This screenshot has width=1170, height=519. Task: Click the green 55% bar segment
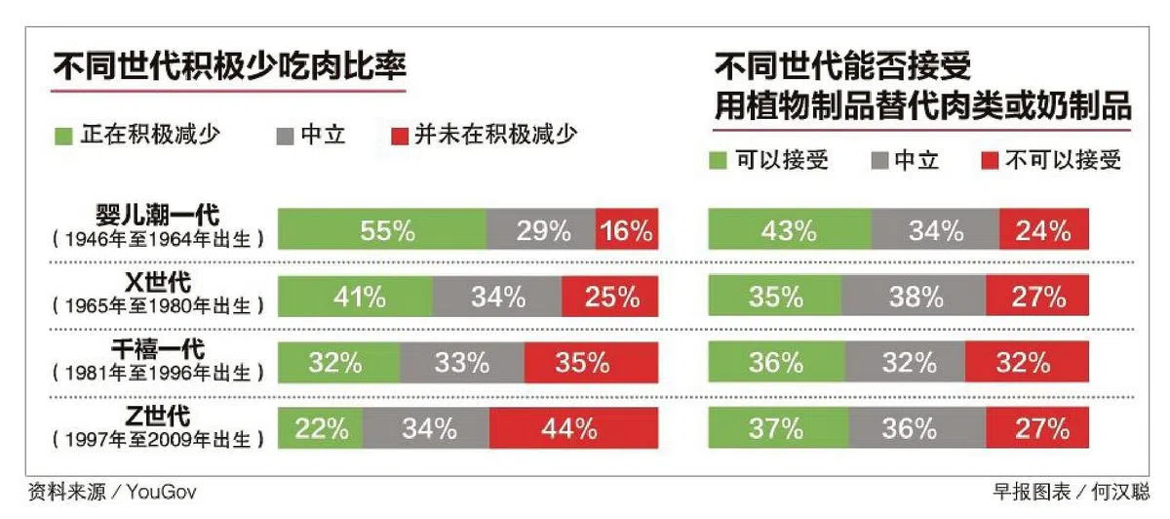coord(382,231)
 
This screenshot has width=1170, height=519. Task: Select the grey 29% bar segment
coord(541,231)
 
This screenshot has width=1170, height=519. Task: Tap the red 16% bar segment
coord(627,231)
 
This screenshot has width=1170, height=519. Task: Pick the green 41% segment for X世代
coord(356,298)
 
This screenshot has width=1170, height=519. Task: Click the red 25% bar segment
coord(610,298)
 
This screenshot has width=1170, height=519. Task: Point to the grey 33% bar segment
coord(461,363)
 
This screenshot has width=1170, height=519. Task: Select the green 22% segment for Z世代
coord(321,428)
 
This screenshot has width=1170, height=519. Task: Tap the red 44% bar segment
coord(573,428)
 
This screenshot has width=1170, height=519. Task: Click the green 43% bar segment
coord(790,231)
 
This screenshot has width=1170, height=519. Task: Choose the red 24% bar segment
coord(1044,231)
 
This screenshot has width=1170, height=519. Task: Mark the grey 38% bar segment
coord(915,298)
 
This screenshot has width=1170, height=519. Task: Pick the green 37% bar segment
coord(778,428)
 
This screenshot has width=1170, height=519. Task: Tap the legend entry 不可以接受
coord(1054,161)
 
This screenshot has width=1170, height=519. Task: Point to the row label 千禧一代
coord(158,348)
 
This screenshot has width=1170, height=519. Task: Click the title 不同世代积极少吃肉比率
coord(229,69)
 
